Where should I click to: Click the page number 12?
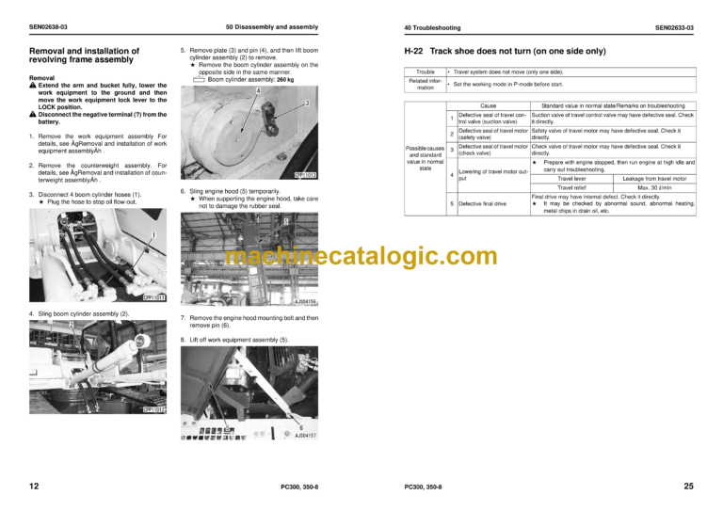[x=34, y=487]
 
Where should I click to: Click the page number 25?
[x=689, y=487]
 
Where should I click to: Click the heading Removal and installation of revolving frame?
[x=85, y=56]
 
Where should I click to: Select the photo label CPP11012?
[x=153, y=409]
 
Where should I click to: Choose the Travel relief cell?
[x=571, y=187]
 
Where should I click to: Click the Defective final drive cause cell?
[x=482, y=203]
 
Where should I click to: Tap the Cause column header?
[x=488, y=106]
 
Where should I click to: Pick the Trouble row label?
[x=426, y=72]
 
